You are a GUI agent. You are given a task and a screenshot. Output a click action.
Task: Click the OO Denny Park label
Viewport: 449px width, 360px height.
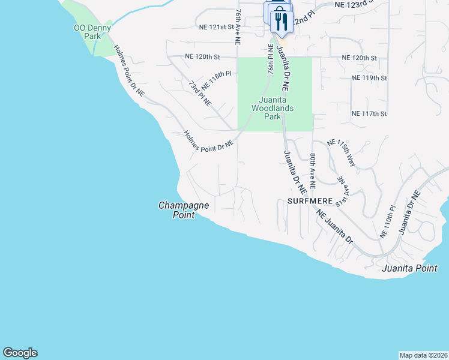(x=88, y=32)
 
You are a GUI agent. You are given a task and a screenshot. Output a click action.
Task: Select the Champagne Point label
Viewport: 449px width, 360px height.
(x=184, y=210)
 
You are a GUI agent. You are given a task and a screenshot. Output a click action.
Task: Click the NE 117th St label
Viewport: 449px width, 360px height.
(x=369, y=113)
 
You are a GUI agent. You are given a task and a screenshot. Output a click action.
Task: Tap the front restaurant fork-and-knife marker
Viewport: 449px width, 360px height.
(x=281, y=22)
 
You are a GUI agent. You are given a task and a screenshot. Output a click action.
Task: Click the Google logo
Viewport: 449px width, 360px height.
(x=20, y=353)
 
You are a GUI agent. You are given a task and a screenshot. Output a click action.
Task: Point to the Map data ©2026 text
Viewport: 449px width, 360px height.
(x=423, y=355)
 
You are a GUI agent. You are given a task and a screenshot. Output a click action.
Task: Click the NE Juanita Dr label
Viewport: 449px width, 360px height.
(x=334, y=226)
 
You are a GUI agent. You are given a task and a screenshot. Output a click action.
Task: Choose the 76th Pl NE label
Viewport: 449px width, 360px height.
(x=271, y=59)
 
